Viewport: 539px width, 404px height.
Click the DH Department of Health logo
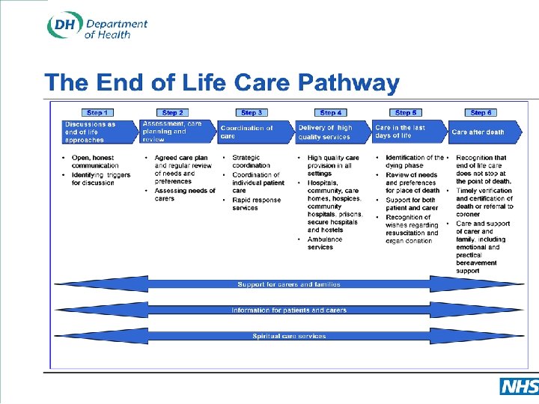pyautogui.click(x=97, y=26)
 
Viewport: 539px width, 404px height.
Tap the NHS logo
pyautogui.click(x=518, y=386)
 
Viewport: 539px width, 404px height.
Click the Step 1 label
pyautogui.click(x=95, y=113)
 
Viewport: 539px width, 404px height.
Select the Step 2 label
pyautogui.click(x=173, y=113)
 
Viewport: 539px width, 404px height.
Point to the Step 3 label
pyautogui.click(x=252, y=113)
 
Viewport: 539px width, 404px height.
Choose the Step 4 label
pyautogui.click(x=330, y=113)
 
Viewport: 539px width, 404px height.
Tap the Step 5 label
pyautogui.click(x=405, y=113)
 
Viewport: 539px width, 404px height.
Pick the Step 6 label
pyautogui.click(x=481, y=113)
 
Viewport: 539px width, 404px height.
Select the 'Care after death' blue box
pyautogui.click(x=479, y=132)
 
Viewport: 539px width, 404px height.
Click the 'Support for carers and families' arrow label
pyautogui.click(x=288, y=284)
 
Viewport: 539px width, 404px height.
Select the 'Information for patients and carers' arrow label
pyautogui.click(x=288, y=310)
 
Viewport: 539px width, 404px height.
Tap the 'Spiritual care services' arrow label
pyautogui.click(x=288, y=337)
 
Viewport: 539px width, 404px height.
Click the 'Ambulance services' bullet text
pyautogui.click(x=325, y=243)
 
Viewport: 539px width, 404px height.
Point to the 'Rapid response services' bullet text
pyautogui.click(x=256, y=204)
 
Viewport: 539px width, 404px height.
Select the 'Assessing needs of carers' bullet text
pyautogui.click(x=184, y=195)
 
